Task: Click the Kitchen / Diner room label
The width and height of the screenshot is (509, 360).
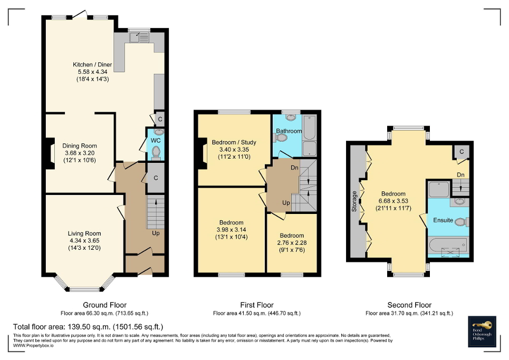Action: [x=92, y=65]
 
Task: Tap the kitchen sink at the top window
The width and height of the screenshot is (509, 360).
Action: [x=139, y=37]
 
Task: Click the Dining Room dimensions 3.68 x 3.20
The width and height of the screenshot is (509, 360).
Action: [x=80, y=153]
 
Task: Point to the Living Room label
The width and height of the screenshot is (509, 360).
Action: [x=84, y=233]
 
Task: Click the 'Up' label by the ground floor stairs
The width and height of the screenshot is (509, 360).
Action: [x=156, y=233]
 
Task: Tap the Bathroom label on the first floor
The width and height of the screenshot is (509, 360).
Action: [x=289, y=131]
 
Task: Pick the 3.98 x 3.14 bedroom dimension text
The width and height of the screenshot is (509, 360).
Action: [x=232, y=230]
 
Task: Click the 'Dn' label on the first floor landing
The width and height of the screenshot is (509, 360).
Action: [x=295, y=168]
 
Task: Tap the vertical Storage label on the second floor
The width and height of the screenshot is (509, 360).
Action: [x=354, y=201]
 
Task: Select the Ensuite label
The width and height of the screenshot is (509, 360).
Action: [x=443, y=220]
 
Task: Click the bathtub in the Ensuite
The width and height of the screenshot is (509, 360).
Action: [x=448, y=246]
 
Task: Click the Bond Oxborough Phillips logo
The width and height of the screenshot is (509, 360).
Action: [x=483, y=332]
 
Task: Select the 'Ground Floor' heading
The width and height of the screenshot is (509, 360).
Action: [x=104, y=305]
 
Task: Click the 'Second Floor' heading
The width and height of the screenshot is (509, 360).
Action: [x=409, y=305]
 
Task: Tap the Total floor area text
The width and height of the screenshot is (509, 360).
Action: [x=88, y=327]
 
